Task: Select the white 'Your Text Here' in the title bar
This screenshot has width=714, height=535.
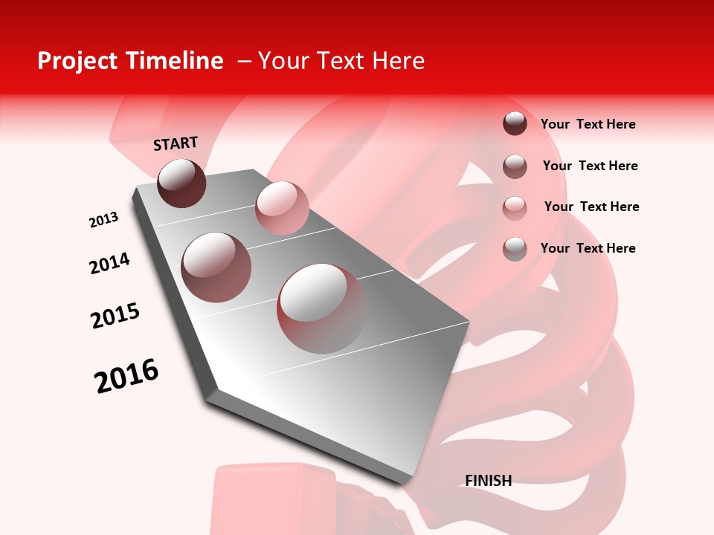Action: (x=341, y=61)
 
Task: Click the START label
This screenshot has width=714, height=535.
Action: (x=176, y=143)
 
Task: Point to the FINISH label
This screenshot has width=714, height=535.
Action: (x=488, y=481)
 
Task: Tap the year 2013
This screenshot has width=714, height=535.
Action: (x=103, y=220)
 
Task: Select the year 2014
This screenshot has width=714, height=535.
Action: (x=109, y=263)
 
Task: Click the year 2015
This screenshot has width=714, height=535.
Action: (x=115, y=316)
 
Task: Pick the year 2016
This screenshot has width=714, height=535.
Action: (x=126, y=376)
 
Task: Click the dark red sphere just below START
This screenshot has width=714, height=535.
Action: (x=182, y=183)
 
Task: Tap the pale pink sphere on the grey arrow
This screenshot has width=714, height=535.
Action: (x=282, y=208)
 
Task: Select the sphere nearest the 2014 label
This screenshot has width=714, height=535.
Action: (x=216, y=267)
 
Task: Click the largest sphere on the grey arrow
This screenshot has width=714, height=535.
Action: (x=322, y=308)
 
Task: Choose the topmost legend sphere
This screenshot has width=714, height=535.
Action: (x=515, y=123)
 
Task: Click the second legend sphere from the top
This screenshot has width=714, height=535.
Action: (x=515, y=166)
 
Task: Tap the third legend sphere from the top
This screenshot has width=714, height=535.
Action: (x=515, y=208)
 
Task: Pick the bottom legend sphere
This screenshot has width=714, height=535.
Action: (x=515, y=249)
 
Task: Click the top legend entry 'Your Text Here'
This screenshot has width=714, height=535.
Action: (x=588, y=124)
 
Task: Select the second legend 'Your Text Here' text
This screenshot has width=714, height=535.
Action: (x=590, y=166)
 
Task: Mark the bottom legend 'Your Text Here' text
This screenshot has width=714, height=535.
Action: (x=588, y=248)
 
